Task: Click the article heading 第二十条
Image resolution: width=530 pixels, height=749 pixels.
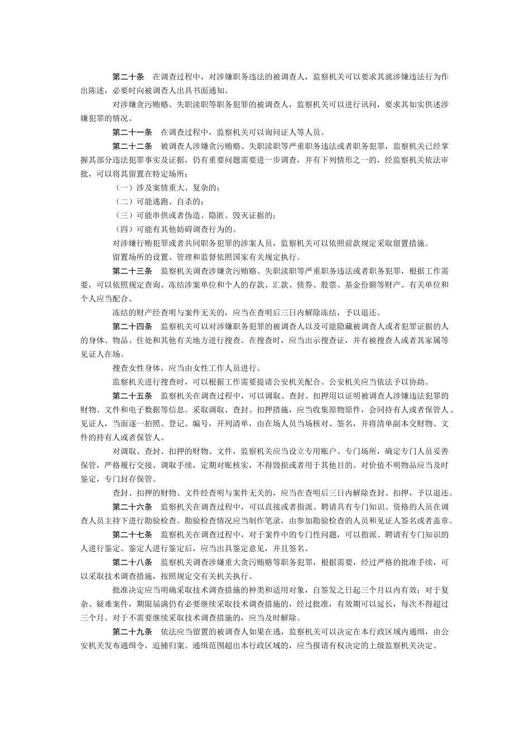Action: pyautogui.click(x=128, y=76)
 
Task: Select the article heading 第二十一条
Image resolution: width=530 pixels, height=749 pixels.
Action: pyautogui.click(x=132, y=132)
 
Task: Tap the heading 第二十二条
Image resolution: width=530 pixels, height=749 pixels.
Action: pyautogui.click(x=132, y=146)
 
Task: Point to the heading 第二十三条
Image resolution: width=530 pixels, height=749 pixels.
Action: pyautogui.click(x=132, y=271)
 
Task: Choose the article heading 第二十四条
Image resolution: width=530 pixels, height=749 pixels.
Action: pyautogui.click(x=132, y=326)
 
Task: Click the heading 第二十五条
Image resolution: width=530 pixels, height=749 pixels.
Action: pyautogui.click(x=132, y=396)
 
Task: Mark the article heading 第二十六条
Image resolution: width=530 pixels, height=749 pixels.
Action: pyautogui.click(x=132, y=507)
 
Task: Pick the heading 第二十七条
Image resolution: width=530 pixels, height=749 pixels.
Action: pyautogui.click(x=132, y=534)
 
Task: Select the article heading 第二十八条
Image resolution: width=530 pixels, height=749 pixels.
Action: pyautogui.click(x=132, y=562)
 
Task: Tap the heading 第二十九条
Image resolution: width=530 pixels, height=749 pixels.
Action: pyautogui.click(x=132, y=631)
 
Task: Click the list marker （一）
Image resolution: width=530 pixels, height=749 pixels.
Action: pyautogui.click(x=124, y=188)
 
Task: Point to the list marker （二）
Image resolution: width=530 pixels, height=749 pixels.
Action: pyautogui.click(x=124, y=202)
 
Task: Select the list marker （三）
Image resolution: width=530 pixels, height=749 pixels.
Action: pyautogui.click(x=124, y=215)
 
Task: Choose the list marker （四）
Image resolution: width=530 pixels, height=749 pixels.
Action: pyautogui.click(x=124, y=229)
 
